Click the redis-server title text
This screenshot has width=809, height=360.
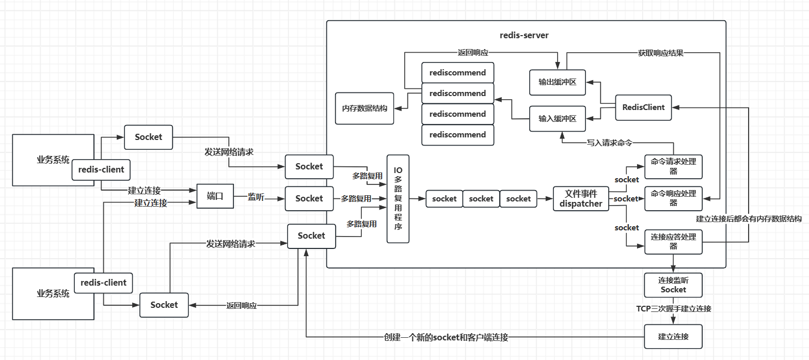[x=524, y=35]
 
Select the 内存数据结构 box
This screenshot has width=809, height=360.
[x=364, y=108]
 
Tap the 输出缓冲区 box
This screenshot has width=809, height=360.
[x=558, y=82]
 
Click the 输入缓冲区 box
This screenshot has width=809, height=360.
[x=558, y=119]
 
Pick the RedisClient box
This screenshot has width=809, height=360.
[x=643, y=107]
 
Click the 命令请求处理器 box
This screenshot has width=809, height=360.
[x=673, y=167]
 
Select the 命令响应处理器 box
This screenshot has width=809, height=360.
[x=673, y=198]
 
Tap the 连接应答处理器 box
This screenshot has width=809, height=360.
[x=673, y=241]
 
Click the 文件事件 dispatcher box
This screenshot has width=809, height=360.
[x=581, y=199]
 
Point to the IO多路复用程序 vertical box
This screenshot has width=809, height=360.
[x=398, y=199]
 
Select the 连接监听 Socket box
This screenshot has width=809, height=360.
[x=673, y=285]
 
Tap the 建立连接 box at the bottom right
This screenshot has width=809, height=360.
[x=673, y=337]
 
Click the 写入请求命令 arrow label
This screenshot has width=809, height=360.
[x=609, y=142]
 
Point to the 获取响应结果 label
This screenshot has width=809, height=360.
[x=660, y=53]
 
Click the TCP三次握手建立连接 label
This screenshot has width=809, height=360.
[x=673, y=309]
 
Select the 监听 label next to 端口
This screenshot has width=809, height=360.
[x=256, y=197]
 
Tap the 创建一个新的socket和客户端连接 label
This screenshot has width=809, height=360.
[x=446, y=337]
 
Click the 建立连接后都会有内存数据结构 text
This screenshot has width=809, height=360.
[x=749, y=219]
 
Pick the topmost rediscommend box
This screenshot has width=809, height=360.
[x=457, y=73]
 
